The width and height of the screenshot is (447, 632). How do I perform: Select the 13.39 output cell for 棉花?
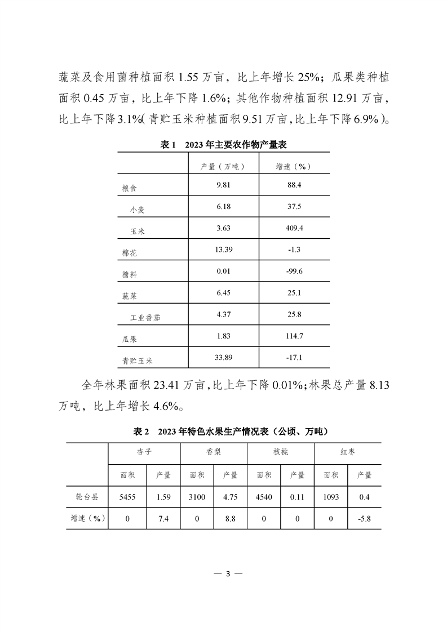(224, 250)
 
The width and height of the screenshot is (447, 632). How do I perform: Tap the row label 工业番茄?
(145, 318)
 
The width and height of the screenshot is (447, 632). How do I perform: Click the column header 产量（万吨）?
(224, 167)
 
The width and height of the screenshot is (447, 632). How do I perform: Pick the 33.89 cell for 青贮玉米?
(224, 357)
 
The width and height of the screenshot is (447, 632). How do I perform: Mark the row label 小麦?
(138, 209)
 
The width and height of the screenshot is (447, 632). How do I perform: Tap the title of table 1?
(224, 145)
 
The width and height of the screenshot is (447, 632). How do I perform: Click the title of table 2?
(223, 431)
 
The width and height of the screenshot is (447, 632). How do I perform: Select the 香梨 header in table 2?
(214, 452)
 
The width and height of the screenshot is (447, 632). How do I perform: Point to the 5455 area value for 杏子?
(127, 497)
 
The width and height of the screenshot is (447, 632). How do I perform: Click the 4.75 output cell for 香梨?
(231, 497)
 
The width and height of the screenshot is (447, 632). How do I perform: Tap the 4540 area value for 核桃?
(264, 497)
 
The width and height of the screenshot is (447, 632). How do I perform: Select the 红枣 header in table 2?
(347, 452)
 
